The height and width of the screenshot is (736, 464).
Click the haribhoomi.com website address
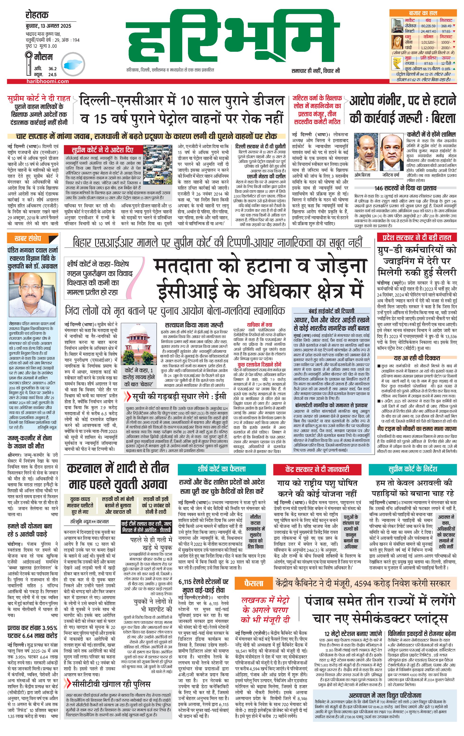point(47,81)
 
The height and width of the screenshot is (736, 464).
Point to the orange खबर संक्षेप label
point(28,238)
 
